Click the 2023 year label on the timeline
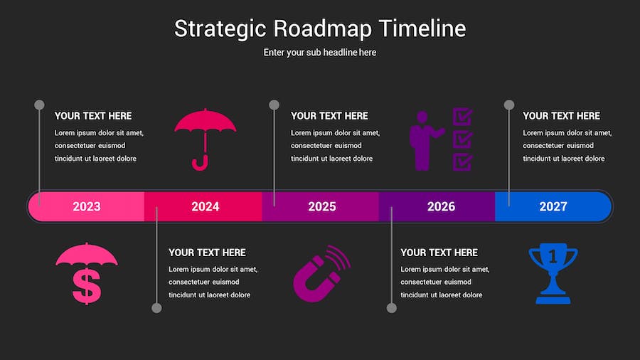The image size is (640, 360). point(87,206)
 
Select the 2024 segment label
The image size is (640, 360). point(206,206)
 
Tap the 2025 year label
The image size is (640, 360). point(322,206)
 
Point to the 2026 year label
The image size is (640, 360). point(441,206)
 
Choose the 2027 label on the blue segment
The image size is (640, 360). point(553,206)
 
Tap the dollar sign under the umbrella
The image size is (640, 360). point(87,286)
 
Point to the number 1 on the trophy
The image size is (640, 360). point(553,257)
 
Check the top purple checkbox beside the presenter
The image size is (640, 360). point(462,117)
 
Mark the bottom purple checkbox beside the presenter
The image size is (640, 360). point(462,162)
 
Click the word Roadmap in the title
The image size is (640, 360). point(322,29)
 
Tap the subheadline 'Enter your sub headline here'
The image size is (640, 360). point(319,53)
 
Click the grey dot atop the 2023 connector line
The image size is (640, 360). point(39,105)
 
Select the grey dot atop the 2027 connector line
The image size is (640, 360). point(509,105)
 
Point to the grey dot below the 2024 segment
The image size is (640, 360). point(156,308)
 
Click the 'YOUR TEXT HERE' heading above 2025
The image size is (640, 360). point(329,116)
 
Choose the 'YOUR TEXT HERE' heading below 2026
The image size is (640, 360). point(439,253)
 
